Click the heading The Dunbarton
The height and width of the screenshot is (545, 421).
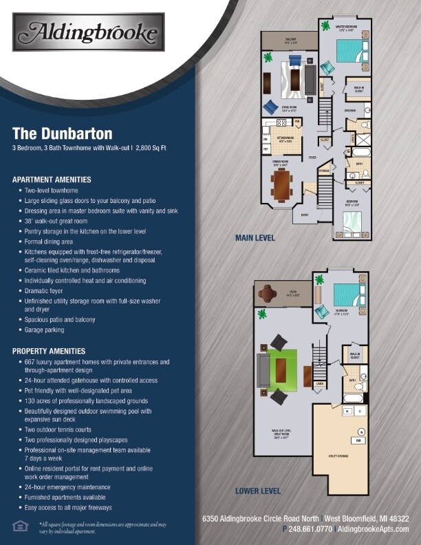(x=62, y=133)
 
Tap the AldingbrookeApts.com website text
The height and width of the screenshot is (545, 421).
(x=374, y=529)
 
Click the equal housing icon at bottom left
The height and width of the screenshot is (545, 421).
(x=19, y=526)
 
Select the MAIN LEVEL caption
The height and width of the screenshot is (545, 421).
(x=255, y=238)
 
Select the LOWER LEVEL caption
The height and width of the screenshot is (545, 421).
(x=257, y=491)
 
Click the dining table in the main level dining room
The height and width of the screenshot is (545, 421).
(x=281, y=184)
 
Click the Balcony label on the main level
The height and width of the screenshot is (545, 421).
(x=290, y=40)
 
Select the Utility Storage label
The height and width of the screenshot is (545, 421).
(x=341, y=456)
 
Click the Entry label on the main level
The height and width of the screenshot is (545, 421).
(x=303, y=215)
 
